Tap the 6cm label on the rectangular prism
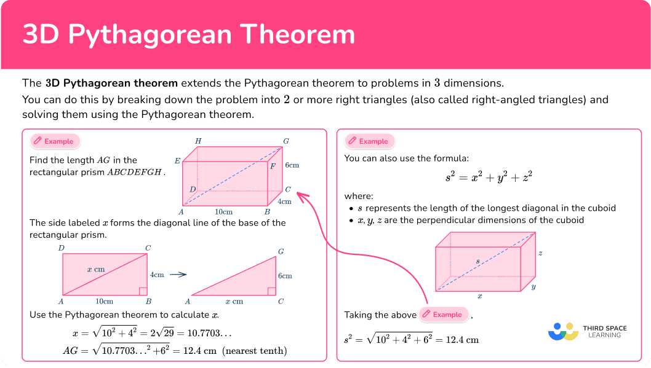point(292,165)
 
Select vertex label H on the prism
point(199,141)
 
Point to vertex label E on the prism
point(177,161)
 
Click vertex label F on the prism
point(273,166)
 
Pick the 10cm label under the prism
point(224,212)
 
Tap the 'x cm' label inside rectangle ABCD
point(96,269)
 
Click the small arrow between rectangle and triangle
point(178,275)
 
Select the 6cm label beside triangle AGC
point(285,276)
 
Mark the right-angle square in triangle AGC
point(272,291)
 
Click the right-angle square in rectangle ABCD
point(143,291)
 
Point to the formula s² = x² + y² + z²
point(489,177)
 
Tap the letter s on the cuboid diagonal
point(478,261)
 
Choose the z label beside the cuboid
point(540,253)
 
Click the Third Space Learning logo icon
point(564,332)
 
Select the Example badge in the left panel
point(54,141)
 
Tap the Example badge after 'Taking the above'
point(443,315)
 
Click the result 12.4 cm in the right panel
point(463,340)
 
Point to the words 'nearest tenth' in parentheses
point(255,351)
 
